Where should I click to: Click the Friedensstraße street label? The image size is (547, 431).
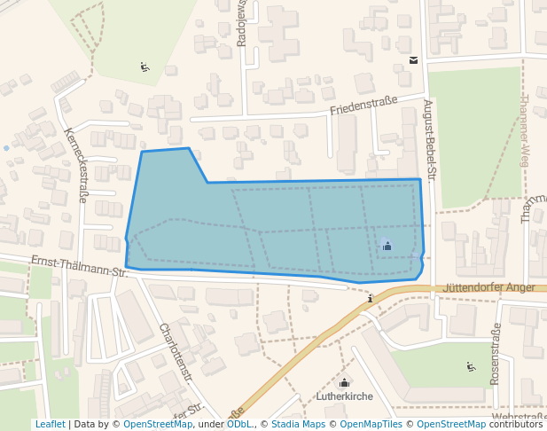pos(363,106)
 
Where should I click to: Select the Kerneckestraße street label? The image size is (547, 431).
pos(75,164)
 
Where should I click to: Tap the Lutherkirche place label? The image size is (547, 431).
pos(344,396)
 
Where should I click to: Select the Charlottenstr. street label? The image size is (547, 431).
pos(176,351)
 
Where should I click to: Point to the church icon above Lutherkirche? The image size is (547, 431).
pos(344,383)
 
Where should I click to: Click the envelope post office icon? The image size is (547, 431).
pos(414,60)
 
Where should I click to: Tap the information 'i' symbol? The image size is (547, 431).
pos(370,299)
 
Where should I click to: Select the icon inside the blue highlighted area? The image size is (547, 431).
pos(387,246)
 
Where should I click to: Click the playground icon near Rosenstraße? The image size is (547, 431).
pos(471,366)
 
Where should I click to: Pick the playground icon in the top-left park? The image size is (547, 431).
pos(145,67)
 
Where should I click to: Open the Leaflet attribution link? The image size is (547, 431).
pos(50,425)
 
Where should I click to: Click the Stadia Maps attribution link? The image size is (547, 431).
pos(297,425)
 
